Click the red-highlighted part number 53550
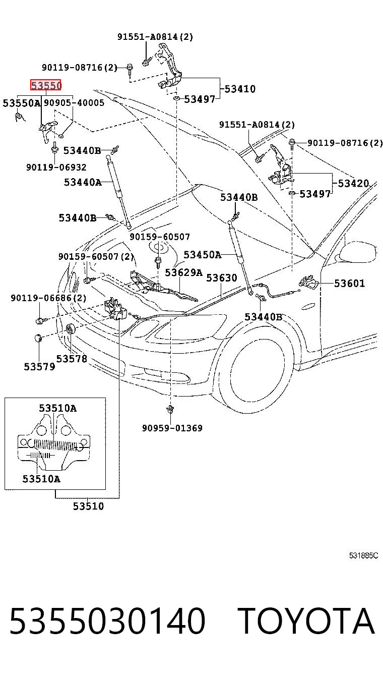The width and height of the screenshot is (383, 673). click(46, 85)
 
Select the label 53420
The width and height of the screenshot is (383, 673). click(353, 183)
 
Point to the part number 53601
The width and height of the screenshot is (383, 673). click(349, 283)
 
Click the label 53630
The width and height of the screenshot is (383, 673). click(222, 277)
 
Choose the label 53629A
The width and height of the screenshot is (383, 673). click(184, 272)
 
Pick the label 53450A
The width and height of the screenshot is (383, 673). click(202, 254)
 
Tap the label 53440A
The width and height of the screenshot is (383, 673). click(83, 182)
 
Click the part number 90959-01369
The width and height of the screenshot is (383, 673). click(172, 428)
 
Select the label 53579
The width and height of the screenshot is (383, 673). click(40, 367)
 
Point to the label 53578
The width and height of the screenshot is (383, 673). click(72, 358)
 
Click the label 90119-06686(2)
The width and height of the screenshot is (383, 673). click(48, 298)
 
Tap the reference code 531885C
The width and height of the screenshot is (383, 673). click(363, 555)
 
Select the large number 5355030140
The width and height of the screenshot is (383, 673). click(107, 621)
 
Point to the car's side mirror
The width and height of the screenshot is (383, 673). click(357, 253)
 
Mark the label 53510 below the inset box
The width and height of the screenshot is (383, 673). click(88, 506)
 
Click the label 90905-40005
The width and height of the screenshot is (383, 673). click(74, 103)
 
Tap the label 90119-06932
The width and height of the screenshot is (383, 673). click(56, 167)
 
